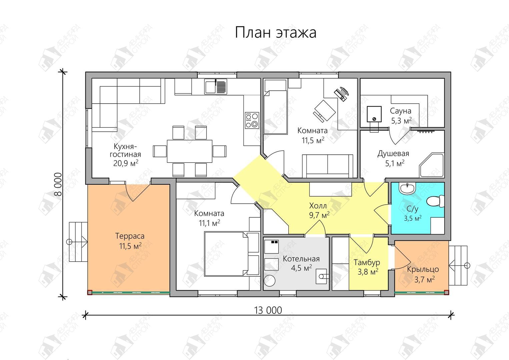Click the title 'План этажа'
[x=275, y=33]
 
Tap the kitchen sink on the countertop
[x=216, y=86]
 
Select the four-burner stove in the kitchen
[x=252, y=120]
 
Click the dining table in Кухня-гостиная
[x=190, y=151]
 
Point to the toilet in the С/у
[x=435, y=201]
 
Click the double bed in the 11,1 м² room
[x=232, y=254]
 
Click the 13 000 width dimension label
[x=268, y=310]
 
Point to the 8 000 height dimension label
[x=58, y=184]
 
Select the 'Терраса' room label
[x=130, y=236]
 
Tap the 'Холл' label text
[x=318, y=206]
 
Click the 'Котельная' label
[x=301, y=259]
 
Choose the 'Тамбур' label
[x=367, y=263]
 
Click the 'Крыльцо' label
[x=423, y=270]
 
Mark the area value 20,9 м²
[x=126, y=163]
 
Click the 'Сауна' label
[x=401, y=111]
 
